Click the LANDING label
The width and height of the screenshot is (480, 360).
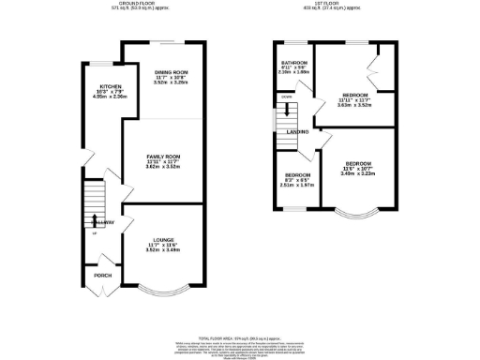click(x=298, y=132)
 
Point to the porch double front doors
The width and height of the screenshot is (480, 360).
click(x=101, y=293)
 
